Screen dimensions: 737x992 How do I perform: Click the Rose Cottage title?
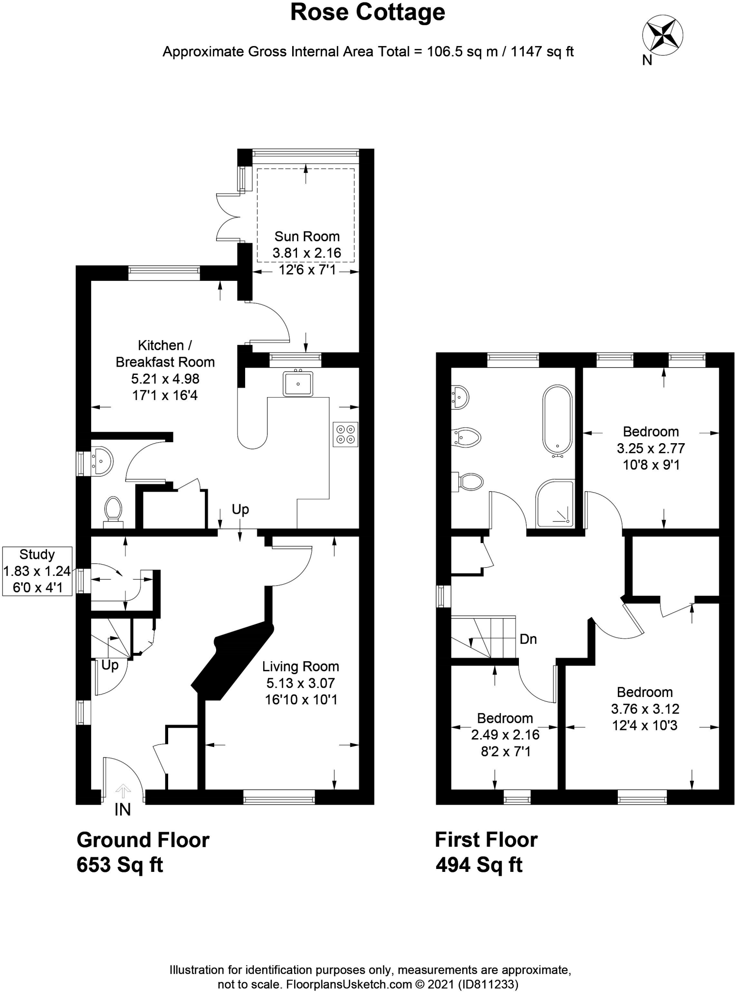point(368,13)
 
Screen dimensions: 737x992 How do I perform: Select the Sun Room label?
point(307,253)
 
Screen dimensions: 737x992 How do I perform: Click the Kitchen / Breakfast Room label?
point(165,370)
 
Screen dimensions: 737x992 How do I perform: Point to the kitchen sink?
point(298,383)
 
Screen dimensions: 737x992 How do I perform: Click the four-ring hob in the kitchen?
point(345,434)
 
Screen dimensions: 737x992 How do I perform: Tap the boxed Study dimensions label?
point(37,571)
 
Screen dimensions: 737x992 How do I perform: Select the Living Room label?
point(300,683)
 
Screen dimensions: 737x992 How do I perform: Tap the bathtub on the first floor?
point(558,420)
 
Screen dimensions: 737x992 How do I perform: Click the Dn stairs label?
point(528,639)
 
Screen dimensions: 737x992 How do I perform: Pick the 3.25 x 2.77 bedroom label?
point(651,448)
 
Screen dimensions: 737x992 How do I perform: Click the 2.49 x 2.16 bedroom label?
point(505,735)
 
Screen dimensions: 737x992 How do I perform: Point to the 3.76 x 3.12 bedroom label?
point(645,709)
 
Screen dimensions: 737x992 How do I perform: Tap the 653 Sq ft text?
point(120,865)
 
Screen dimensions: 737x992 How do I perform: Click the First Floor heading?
point(486,840)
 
